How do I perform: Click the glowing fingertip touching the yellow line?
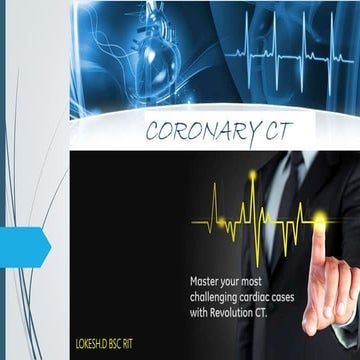coord(320,219)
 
